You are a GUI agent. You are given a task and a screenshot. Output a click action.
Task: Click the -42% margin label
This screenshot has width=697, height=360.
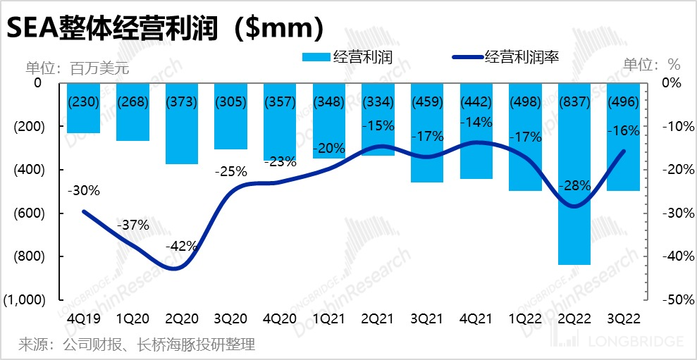pos(181,247)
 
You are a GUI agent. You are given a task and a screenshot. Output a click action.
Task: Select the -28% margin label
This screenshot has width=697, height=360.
pos(574,185)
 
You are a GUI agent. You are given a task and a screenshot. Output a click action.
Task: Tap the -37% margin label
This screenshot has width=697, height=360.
pos(132,225)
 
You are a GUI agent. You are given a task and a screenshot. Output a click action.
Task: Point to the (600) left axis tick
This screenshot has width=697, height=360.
pos(28,213)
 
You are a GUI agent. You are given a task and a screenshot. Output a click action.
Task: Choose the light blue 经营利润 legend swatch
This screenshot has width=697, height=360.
pos(316,58)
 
